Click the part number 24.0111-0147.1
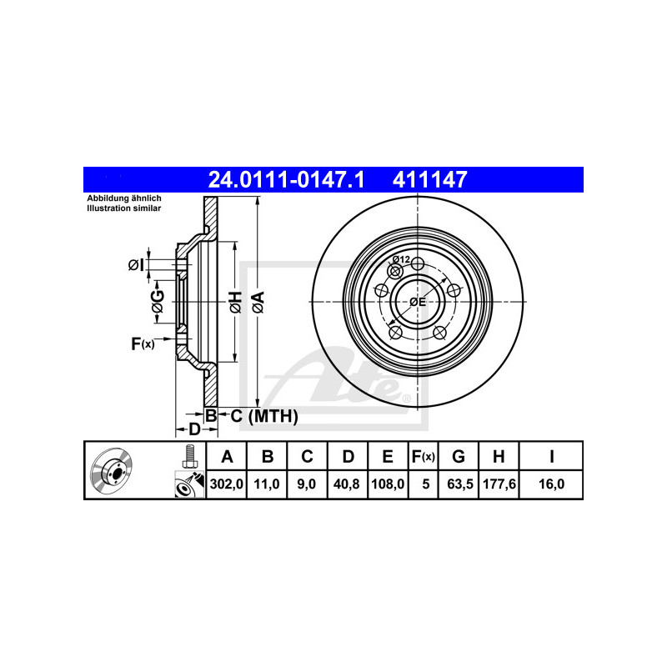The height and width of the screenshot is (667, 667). [x=286, y=179]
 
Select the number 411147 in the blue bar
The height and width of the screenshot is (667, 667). [x=429, y=179]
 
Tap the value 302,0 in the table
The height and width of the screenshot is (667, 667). [x=226, y=484]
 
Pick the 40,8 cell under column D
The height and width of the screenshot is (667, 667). [x=346, y=484]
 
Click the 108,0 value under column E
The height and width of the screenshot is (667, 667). [x=388, y=484]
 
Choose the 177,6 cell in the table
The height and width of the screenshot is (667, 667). [x=499, y=484]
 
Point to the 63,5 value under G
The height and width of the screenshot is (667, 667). [x=460, y=484]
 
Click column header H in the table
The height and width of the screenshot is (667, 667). [x=499, y=456]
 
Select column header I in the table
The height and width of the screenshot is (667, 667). [x=552, y=456]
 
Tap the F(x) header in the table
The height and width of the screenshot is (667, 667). [x=423, y=456]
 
